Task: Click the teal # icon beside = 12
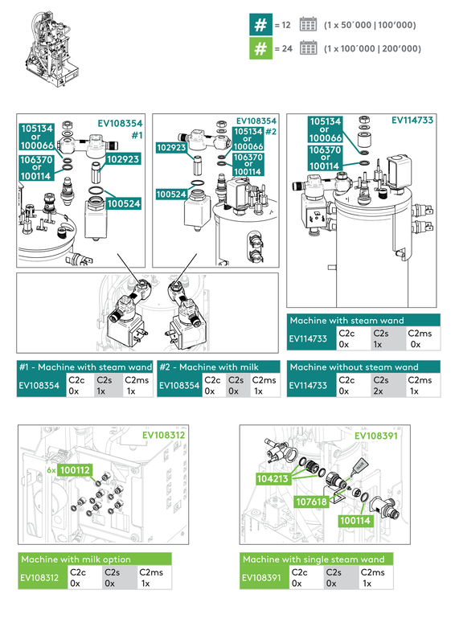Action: [x=260, y=25]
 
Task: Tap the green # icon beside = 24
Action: [x=260, y=49]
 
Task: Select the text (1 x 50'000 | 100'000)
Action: [x=370, y=26]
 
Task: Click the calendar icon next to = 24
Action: [x=308, y=49]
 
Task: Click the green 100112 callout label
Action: [x=75, y=469]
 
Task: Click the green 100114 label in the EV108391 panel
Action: [x=355, y=520]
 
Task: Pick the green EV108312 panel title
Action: [x=164, y=435]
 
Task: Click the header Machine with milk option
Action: [x=76, y=559]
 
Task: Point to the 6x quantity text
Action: [x=51, y=469]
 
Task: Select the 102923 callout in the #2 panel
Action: [x=171, y=147]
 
